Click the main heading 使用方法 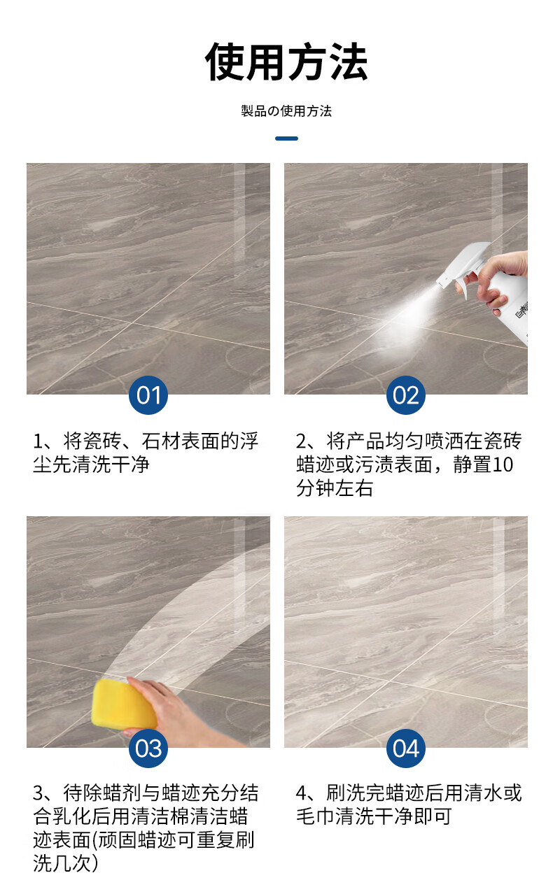click(x=286, y=62)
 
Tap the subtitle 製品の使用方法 click(x=286, y=111)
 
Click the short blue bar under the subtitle click(x=286, y=139)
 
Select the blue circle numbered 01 click(x=148, y=395)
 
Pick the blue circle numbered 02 click(x=406, y=395)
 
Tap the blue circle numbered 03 click(x=148, y=748)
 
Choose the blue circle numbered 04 click(x=406, y=748)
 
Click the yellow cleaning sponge click(x=123, y=705)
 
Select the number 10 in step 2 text click(x=503, y=464)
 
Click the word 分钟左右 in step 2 click(x=335, y=488)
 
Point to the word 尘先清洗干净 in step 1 click(x=92, y=464)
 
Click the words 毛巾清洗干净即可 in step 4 click(x=374, y=816)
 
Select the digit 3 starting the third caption click(x=38, y=793)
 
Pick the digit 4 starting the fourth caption click(x=301, y=793)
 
